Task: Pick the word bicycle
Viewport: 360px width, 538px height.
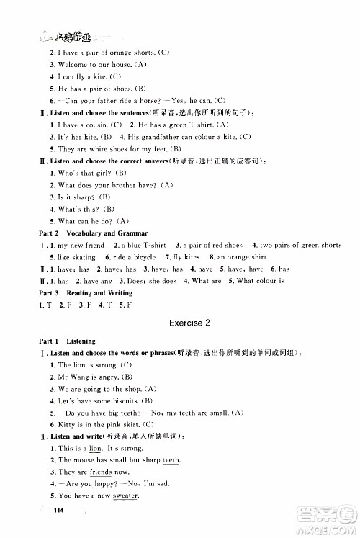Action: tap(143, 257)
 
